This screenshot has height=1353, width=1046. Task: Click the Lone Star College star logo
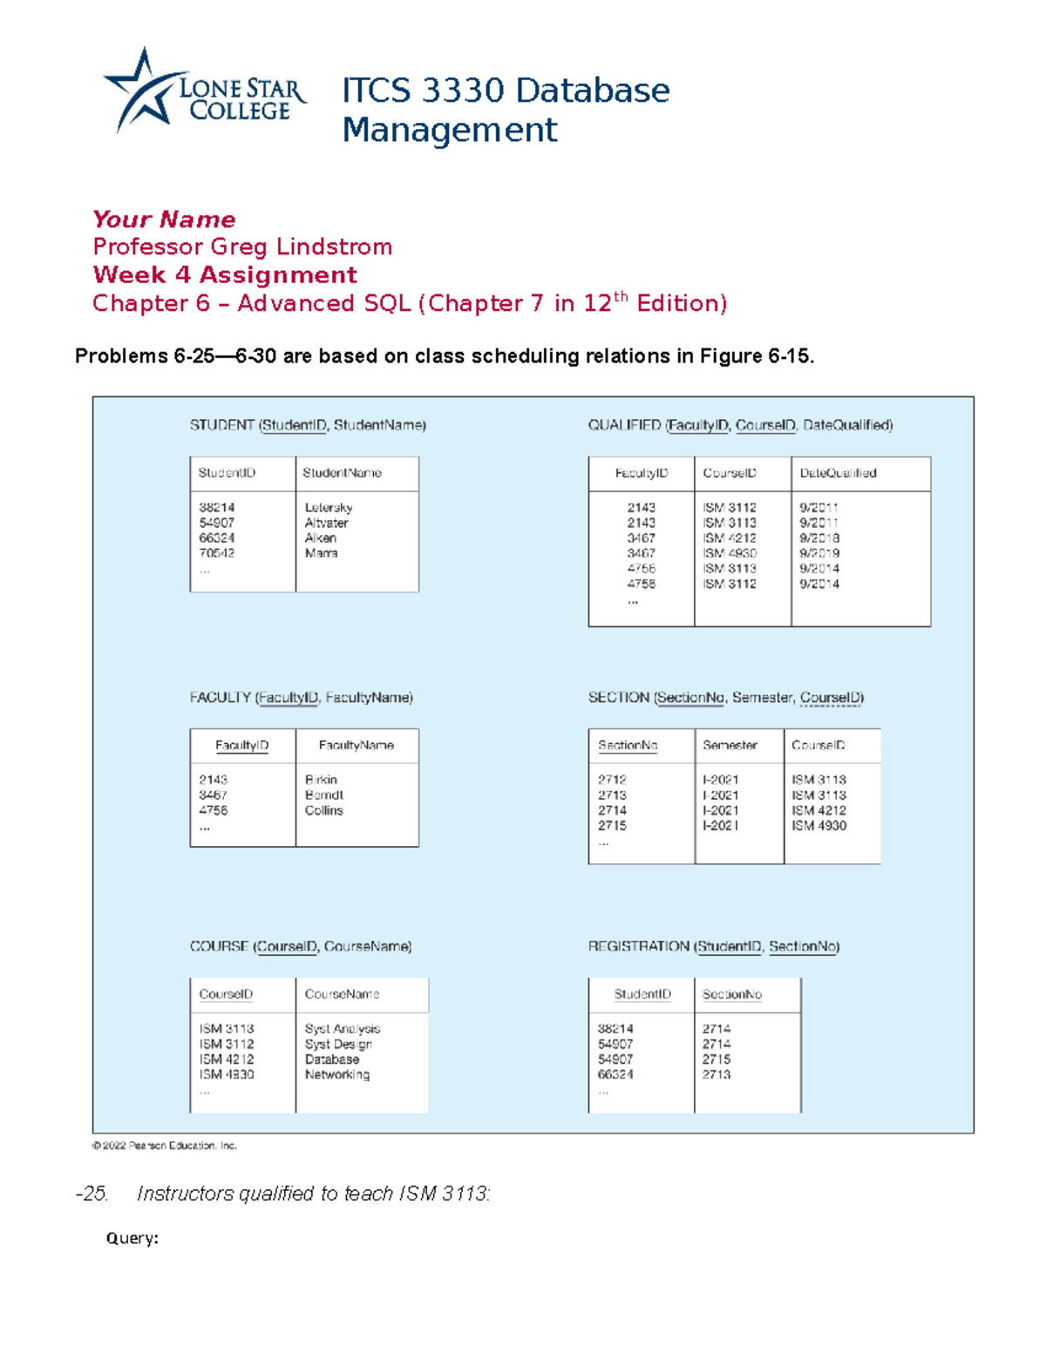pyautogui.click(x=143, y=91)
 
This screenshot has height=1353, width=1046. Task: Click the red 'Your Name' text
pyautogui.click(x=164, y=219)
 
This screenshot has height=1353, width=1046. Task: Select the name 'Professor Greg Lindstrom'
pyautogui.click(x=242, y=247)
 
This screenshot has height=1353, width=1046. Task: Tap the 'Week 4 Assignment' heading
pyautogui.click(x=225, y=274)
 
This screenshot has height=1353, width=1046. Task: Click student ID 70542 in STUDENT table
pyautogui.click(x=216, y=553)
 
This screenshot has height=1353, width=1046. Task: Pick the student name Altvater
pyautogui.click(x=326, y=523)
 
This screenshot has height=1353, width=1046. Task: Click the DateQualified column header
pyautogui.click(x=838, y=473)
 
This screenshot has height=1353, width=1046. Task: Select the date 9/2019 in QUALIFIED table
pyautogui.click(x=818, y=553)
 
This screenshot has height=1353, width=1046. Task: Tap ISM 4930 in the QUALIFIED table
pyautogui.click(x=730, y=553)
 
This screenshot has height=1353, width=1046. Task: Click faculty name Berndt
pyautogui.click(x=323, y=795)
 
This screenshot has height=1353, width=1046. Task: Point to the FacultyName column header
pyautogui.click(x=356, y=746)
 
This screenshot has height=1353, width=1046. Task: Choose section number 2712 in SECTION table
pyautogui.click(x=612, y=780)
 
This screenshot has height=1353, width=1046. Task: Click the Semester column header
pyautogui.click(x=730, y=746)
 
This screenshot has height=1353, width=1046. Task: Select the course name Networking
pyautogui.click(x=336, y=1075)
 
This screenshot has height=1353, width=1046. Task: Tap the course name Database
pyautogui.click(x=331, y=1059)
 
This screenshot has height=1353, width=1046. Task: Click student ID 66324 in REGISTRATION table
pyautogui.click(x=615, y=1075)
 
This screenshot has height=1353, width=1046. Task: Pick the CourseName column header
pyautogui.click(x=342, y=994)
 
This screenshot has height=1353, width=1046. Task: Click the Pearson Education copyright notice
pyautogui.click(x=165, y=1146)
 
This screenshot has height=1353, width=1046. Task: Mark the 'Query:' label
pyautogui.click(x=132, y=1238)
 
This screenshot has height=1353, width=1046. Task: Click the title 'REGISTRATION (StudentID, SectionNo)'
pyautogui.click(x=713, y=946)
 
